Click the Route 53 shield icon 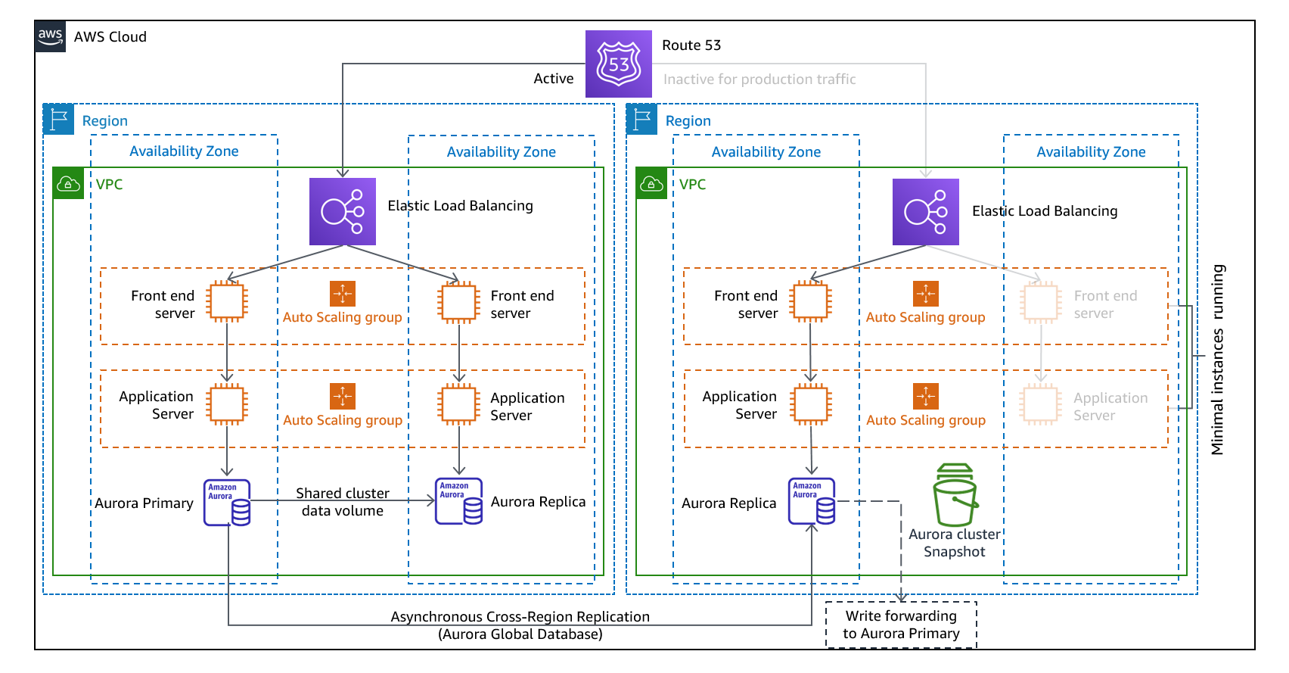[619, 64]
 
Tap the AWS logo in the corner [51, 36]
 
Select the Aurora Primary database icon [227, 502]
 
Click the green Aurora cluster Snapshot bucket [955, 496]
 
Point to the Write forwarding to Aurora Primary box [901, 625]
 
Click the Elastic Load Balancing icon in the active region [343, 211]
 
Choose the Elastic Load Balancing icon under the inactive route [926, 212]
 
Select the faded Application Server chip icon [1041, 404]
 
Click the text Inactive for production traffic [759, 79]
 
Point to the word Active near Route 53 [554, 79]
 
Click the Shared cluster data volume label [343, 502]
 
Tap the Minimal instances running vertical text [1217, 360]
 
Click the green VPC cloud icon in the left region [68, 184]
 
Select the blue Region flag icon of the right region [641, 120]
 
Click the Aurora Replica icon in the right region [812, 501]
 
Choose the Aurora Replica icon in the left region [459, 501]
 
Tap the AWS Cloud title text [110, 37]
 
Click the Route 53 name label [691, 45]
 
